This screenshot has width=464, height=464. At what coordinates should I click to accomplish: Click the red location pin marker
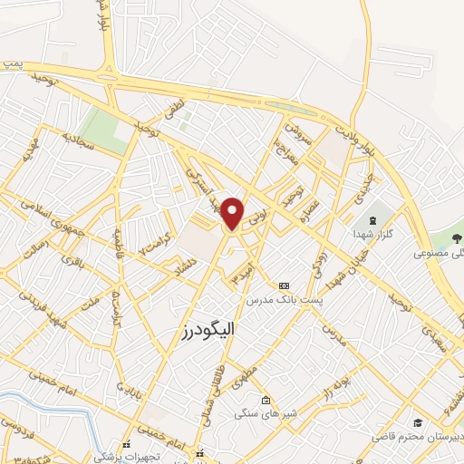coord(233,212)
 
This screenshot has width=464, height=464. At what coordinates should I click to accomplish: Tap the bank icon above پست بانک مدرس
coord(284,285)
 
